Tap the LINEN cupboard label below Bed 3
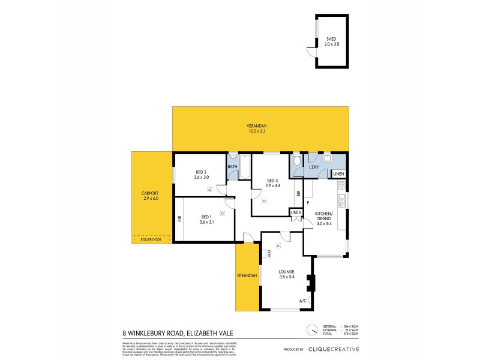(296, 213)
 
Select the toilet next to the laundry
(296, 161)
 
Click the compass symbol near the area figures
(311, 329)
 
